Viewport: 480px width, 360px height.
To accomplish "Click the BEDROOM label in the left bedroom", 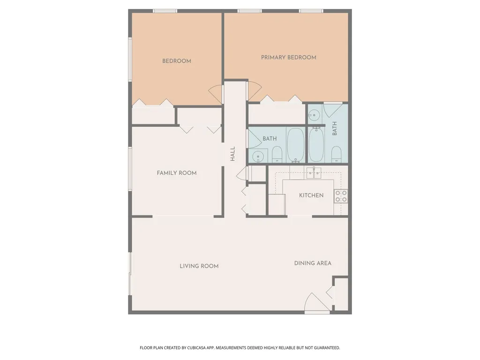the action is click(177, 61).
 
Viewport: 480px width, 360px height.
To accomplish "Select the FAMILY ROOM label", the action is click(177, 173).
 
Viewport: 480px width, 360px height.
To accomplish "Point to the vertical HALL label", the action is click(232, 154).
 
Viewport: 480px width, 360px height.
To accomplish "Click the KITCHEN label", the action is click(311, 195).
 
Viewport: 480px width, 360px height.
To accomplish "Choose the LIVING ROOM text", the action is click(199, 266).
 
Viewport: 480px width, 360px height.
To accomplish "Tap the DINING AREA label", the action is click(313, 263).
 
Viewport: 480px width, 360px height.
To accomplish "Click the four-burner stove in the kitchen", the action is click(341, 196).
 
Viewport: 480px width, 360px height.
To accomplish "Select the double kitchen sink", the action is click(314, 173).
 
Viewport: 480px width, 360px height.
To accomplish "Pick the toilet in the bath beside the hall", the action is click(277, 154).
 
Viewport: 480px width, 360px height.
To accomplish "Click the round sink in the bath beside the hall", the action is click(258, 156).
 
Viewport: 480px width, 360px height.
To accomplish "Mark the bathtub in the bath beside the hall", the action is click(296, 145).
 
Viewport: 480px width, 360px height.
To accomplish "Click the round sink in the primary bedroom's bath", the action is click(314, 115).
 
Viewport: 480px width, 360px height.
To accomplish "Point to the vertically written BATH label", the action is click(335, 128).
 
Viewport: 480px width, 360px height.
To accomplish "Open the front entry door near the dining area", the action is click(317, 303).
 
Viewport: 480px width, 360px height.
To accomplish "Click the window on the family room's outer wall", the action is click(130, 169).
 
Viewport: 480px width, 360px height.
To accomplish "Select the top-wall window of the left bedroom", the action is click(165, 11).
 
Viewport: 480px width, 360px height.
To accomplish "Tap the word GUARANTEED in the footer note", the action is click(328, 348).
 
